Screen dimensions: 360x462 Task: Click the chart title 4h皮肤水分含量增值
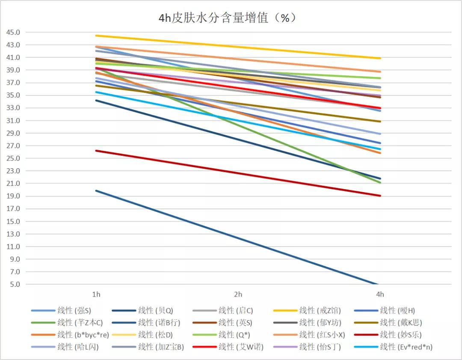(x=227, y=18)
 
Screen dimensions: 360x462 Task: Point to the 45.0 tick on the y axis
(x=12, y=32)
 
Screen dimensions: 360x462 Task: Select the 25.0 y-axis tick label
(x=12, y=158)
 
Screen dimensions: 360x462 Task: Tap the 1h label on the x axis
(x=96, y=295)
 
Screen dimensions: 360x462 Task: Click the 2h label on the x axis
(x=238, y=295)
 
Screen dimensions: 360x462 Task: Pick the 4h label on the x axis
(x=380, y=295)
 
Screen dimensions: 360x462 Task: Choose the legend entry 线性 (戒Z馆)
(x=319, y=311)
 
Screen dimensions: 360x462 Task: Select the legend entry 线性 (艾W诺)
(x=240, y=347)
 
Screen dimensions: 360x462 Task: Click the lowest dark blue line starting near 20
(x=238, y=238)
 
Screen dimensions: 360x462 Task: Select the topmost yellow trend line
(x=238, y=47)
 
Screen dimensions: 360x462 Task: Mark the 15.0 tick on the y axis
(x=12, y=221)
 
